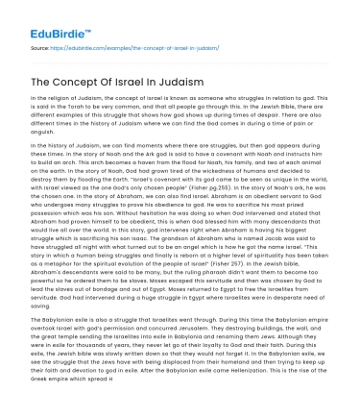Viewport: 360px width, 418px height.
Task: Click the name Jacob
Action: (284, 261)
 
